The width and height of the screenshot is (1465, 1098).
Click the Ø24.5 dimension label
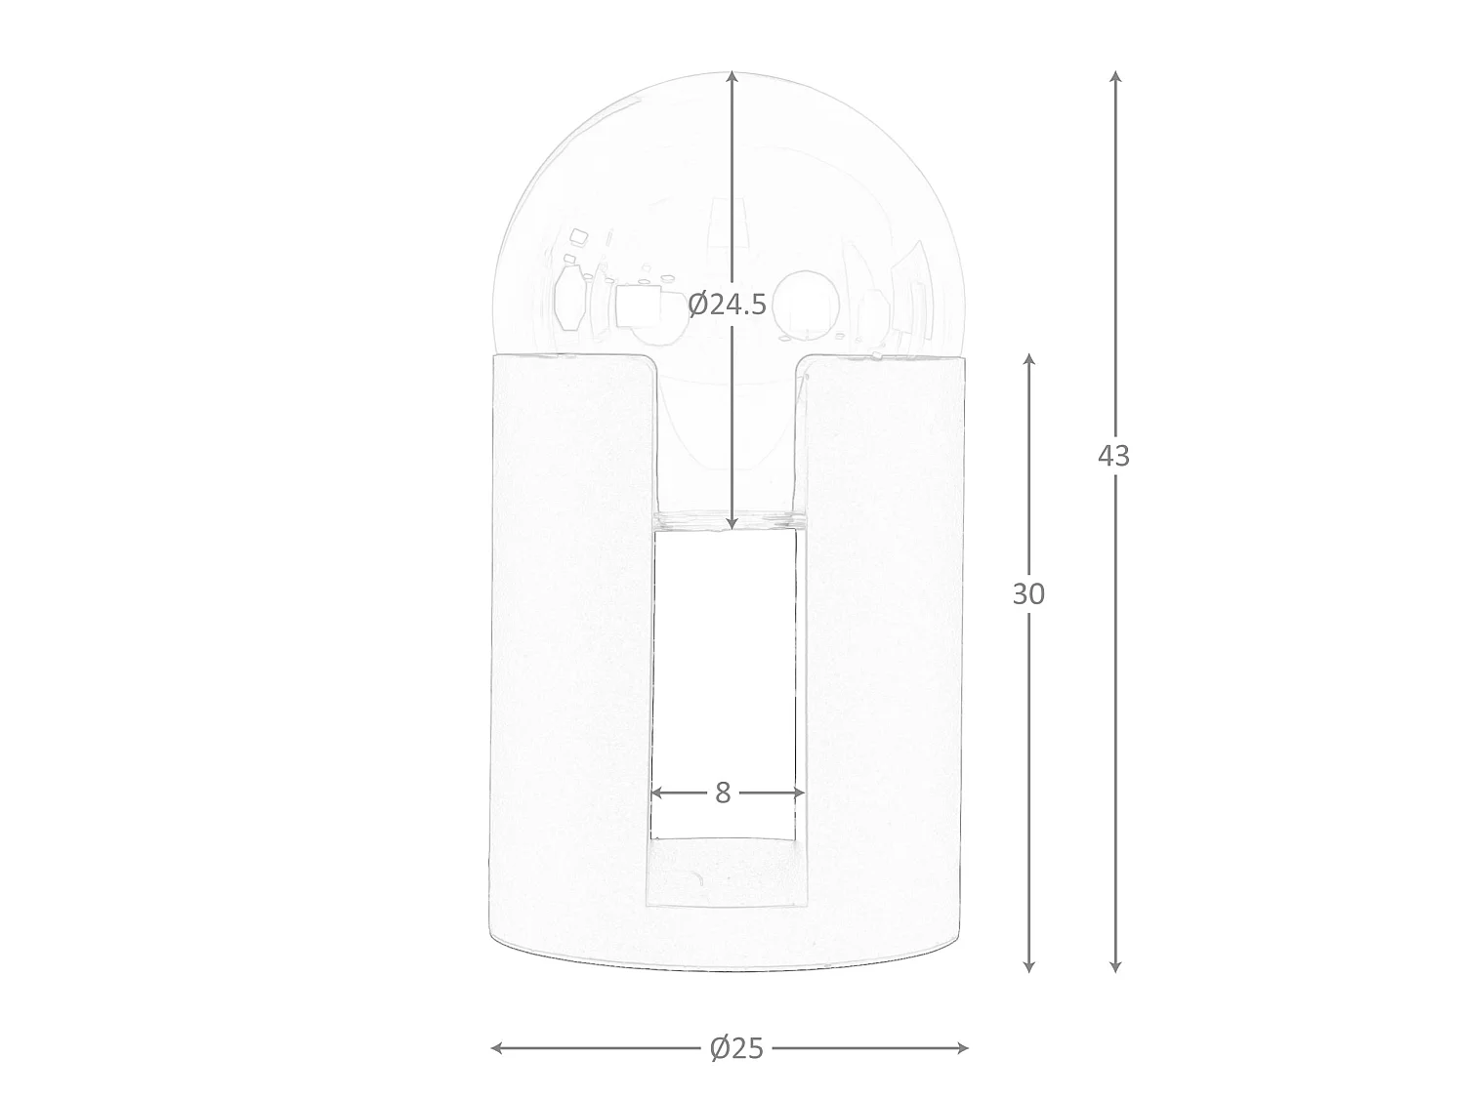[727, 305]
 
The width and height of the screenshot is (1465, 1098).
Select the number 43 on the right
[1114, 456]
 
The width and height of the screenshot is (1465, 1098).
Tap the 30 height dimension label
[1028, 594]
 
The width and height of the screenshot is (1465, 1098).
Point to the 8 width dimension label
[723, 793]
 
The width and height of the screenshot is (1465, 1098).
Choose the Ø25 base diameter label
[736, 1048]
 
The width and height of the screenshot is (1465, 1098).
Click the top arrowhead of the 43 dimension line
[1115, 75]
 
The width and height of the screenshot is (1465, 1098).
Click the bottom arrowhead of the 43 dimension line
[1114, 966]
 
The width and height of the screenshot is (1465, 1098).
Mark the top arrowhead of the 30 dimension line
[1029, 358]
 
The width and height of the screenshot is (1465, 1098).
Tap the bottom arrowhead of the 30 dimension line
[1028, 966]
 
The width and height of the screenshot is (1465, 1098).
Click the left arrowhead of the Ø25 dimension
[496, 1048]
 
